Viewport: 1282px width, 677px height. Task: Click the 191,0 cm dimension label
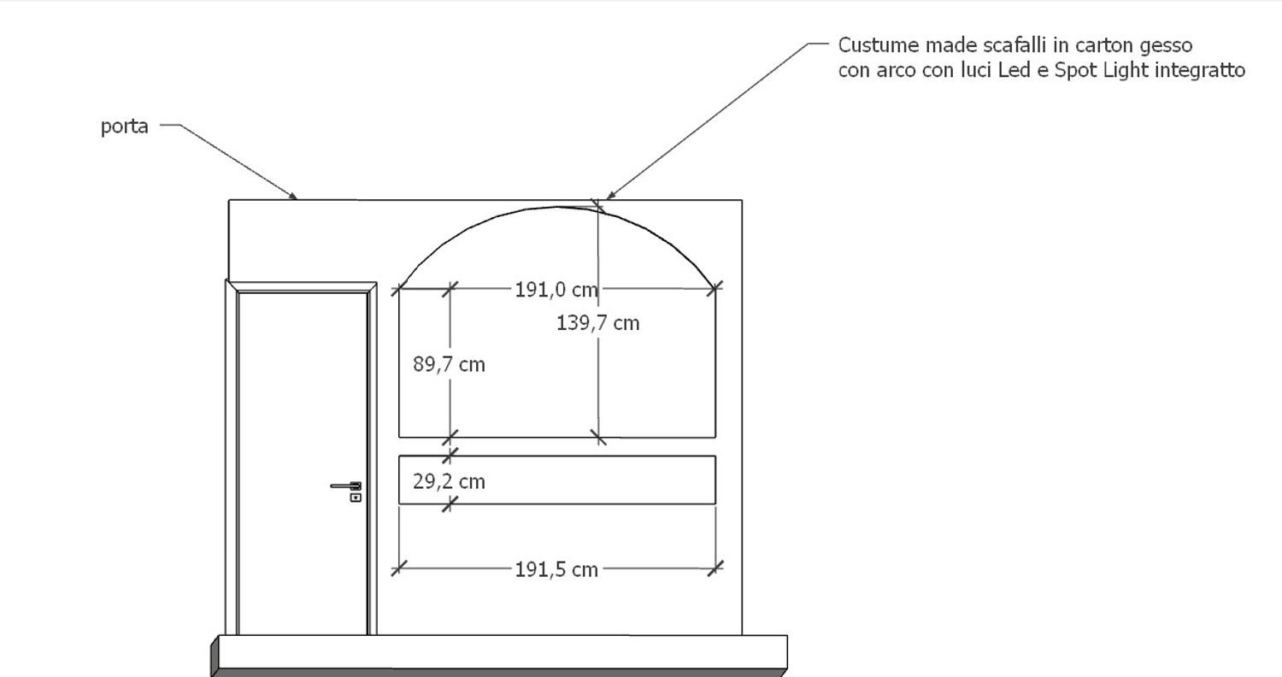[556, 290]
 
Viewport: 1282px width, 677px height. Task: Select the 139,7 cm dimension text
[598, 323]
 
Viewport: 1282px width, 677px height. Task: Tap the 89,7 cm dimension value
[450, 364]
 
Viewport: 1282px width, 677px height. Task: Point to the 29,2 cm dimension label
[450, 482]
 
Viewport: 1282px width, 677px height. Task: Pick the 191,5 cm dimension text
[556, 570]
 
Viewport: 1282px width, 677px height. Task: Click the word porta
[124, 127]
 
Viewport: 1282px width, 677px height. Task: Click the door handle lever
[345, 486]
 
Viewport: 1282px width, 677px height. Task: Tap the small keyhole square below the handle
[356, 497]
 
